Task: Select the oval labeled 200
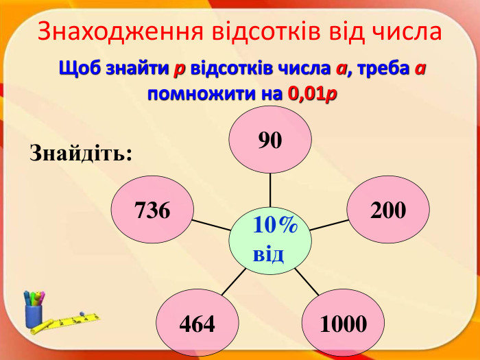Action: [388, 210]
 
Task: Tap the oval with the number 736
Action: [152, 210]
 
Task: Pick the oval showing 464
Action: [197, 324]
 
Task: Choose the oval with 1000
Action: [343, 324]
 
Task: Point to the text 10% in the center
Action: [274, 224]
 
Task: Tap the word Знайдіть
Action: [80, 152]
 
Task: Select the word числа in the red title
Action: [405, 32]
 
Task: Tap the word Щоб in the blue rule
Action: [77, 69]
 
